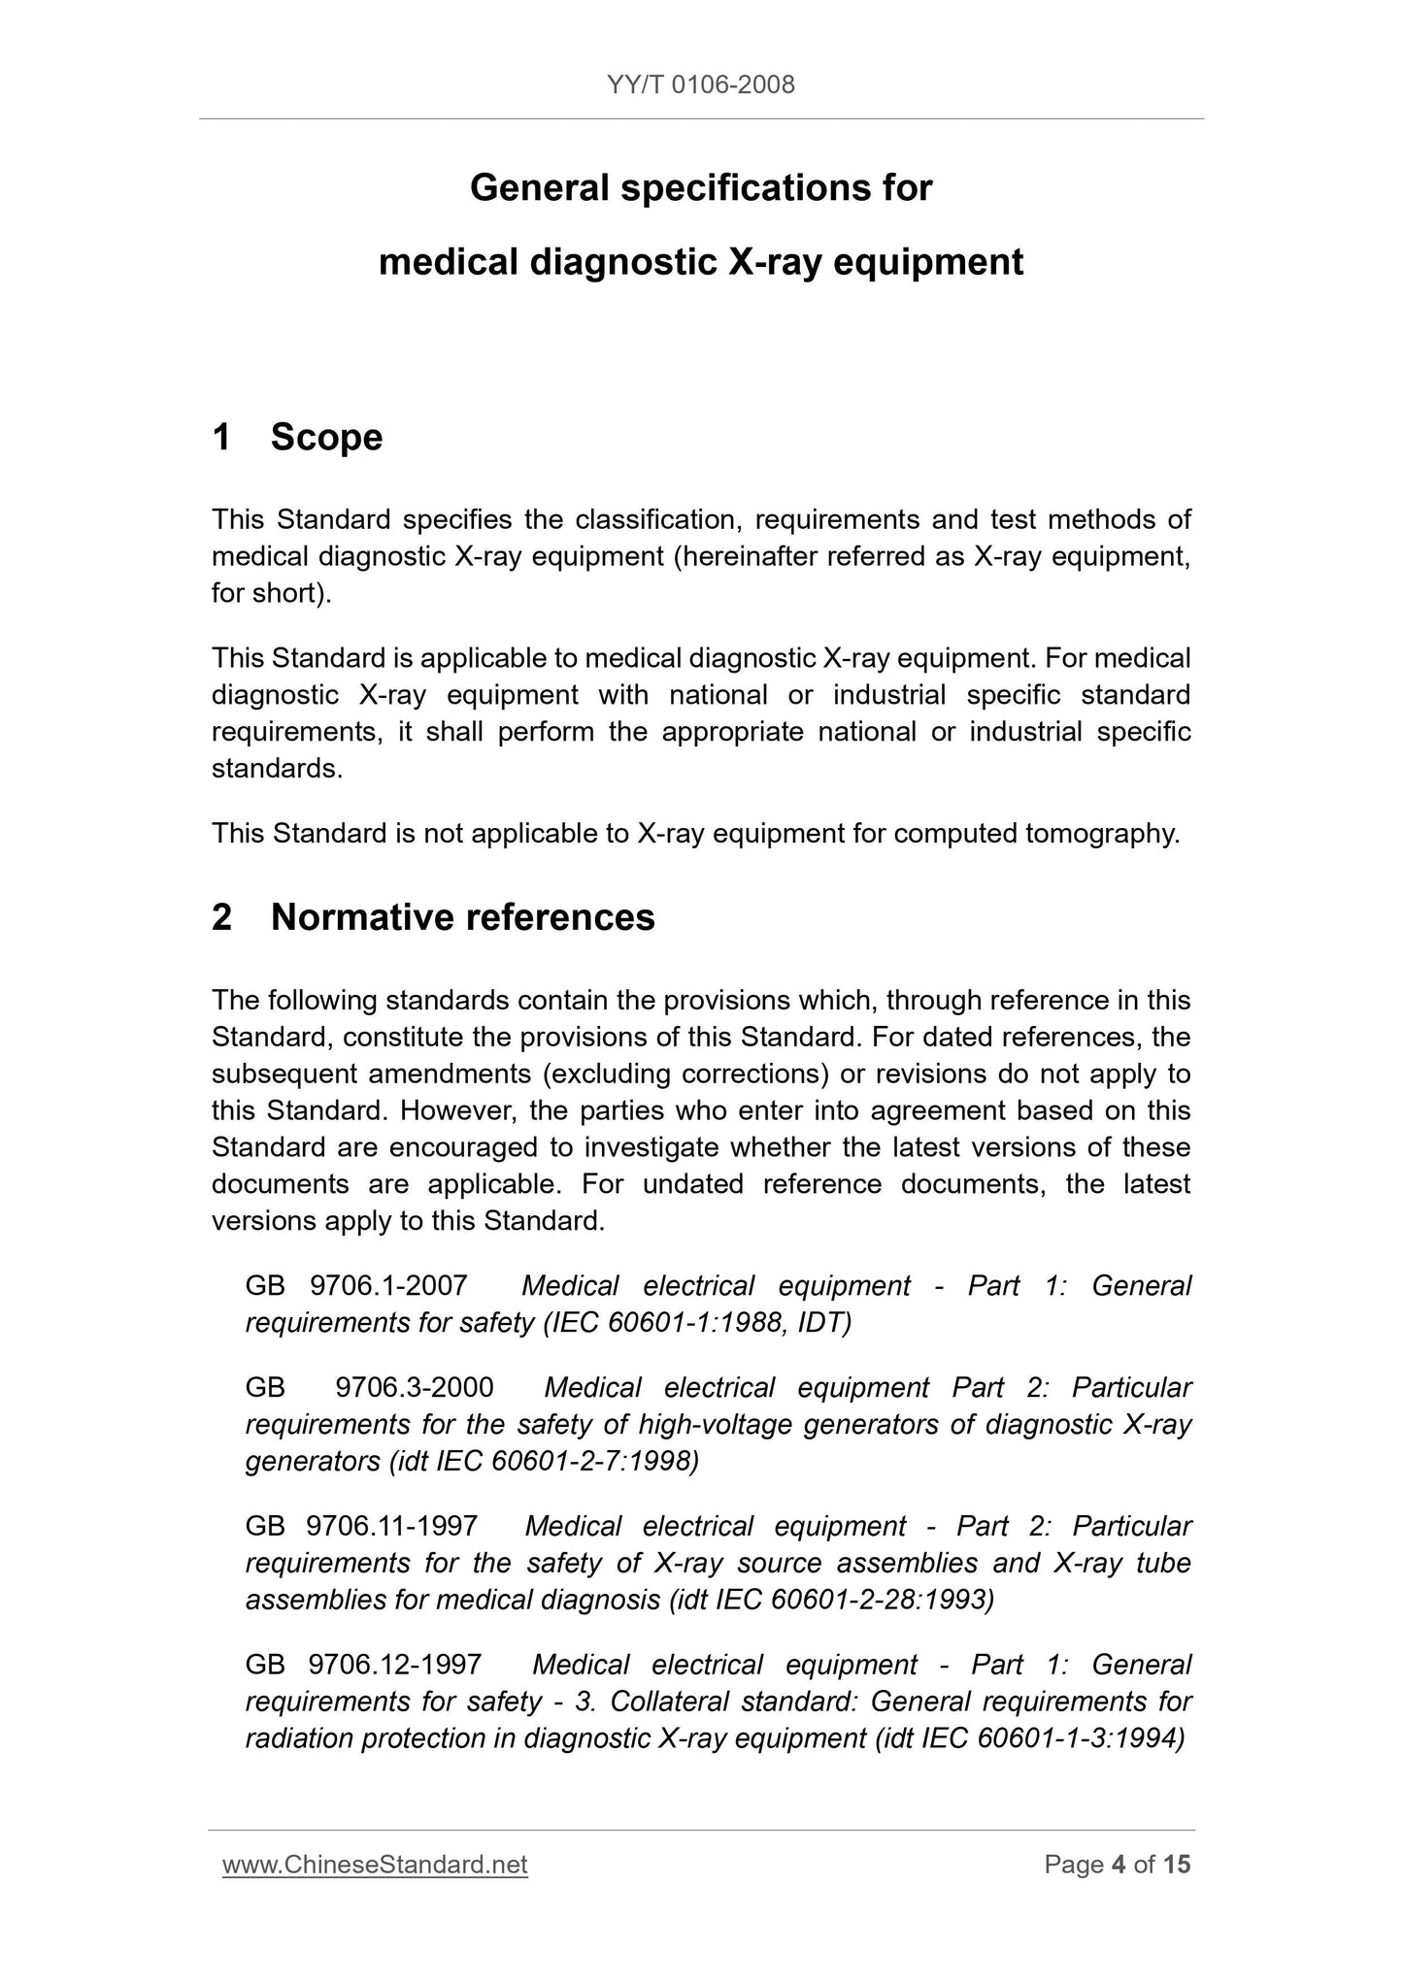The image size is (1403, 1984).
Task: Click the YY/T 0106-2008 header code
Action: pyautogui.click(x=701, y=85)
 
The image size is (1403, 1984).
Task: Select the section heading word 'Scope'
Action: pyautogui.click(x=326, y=437)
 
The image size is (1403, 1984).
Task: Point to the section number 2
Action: pyautogui.click(x=221, y=917)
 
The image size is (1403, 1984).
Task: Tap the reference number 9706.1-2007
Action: pyautogui.click(x=388, y=1286)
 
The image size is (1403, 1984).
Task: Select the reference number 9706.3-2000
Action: pyautogui.click(x=414, y=1388)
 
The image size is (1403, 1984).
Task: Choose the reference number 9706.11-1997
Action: pyautogui.click(x=391, y=1527)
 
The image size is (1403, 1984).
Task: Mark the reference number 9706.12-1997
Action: pyautogui.click(x=394, y=1666)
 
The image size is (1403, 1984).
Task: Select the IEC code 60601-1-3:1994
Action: pyautogui.click(x=1081, y=1739)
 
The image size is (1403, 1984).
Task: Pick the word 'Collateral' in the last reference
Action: pyautogui.click(x=669, y=1703)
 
